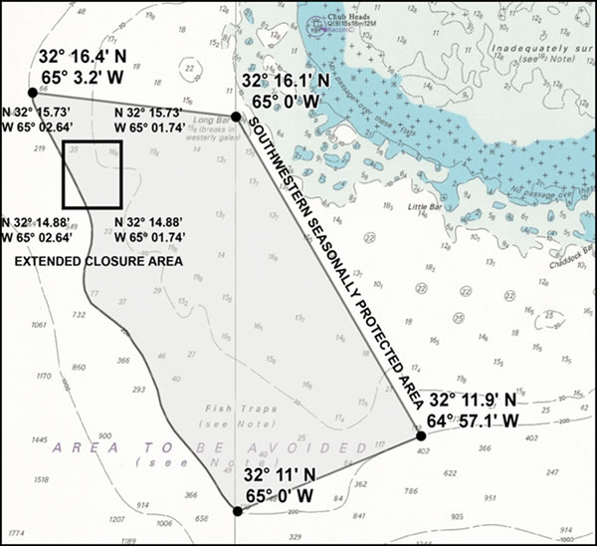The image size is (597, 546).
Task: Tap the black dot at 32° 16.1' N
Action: (236, 118)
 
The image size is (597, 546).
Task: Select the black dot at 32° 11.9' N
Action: (421, 435)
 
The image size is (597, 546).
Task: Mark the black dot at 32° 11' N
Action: (237, 511)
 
